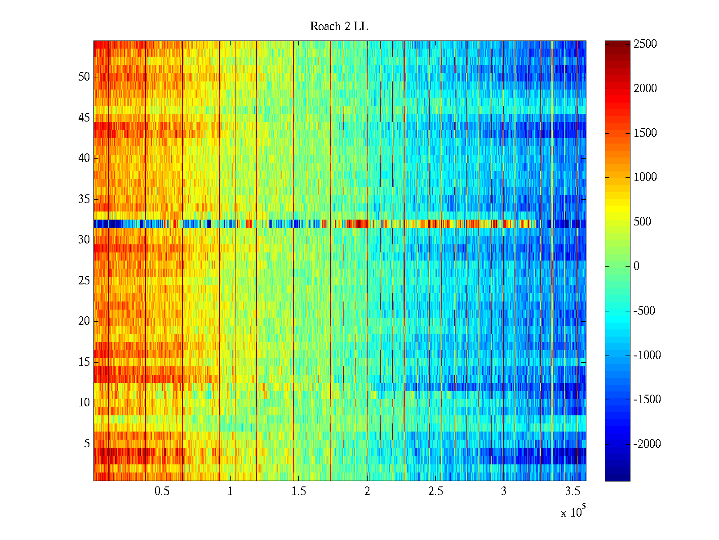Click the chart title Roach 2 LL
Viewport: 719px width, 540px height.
339,27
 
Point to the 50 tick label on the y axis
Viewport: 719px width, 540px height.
84,77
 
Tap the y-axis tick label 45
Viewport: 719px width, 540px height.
84,118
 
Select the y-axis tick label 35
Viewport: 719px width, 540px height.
84,199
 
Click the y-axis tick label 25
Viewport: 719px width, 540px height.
84,281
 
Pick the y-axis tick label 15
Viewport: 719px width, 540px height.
84,362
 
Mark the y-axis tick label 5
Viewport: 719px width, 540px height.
87,444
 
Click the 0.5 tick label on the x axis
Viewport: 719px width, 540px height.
162,491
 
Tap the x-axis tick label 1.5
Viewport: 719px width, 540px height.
299,491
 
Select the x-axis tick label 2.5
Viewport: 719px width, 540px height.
435,491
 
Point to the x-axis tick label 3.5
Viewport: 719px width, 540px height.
572,491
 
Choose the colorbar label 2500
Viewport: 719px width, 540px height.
645,44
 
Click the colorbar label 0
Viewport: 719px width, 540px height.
636,266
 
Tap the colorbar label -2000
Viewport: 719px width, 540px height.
647,444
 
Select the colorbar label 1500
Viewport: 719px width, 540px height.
645,133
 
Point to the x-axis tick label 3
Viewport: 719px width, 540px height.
504,491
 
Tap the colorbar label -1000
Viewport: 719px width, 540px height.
647,355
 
